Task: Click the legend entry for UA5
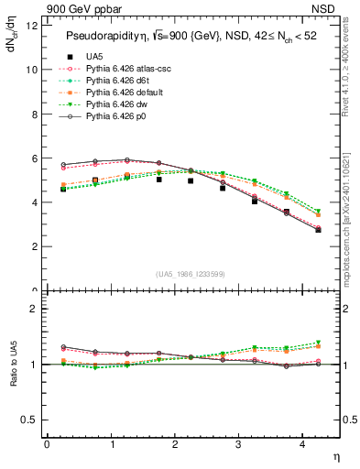(93, 56)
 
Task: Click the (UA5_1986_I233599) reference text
(192, 274)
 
